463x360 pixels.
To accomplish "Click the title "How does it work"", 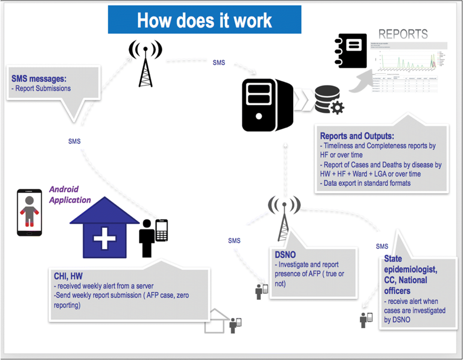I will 204,20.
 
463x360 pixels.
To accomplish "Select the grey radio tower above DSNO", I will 284,221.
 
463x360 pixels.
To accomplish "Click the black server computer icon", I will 267,104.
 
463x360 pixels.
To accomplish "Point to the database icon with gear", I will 329,100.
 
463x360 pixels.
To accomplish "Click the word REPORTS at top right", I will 403,34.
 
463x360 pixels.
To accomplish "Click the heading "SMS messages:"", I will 39,78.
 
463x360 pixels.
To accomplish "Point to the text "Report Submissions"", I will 42,89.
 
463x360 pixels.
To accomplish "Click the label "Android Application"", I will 70,195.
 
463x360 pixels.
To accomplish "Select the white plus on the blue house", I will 104,240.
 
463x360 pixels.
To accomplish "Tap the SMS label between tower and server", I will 218,63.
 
